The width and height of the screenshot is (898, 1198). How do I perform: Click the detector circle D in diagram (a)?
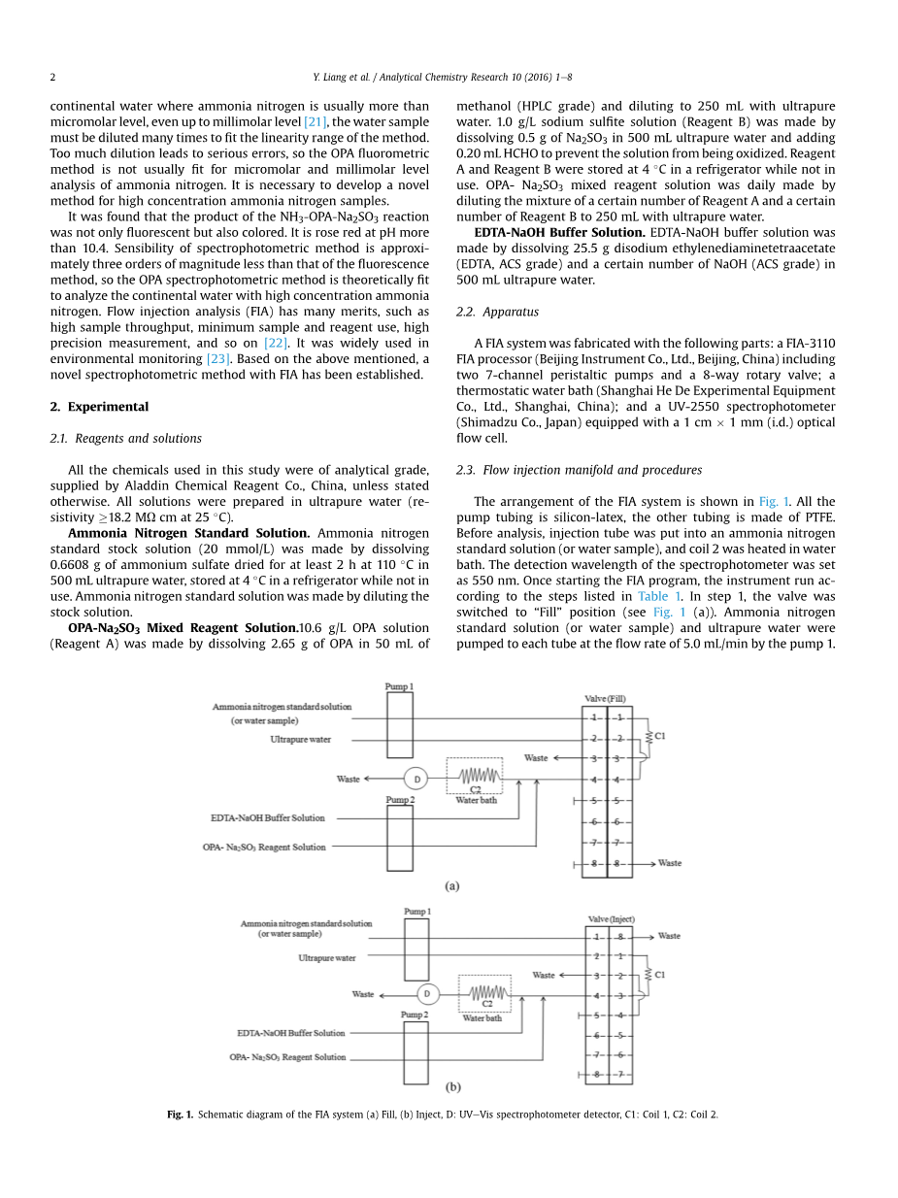click(x=416, y=779)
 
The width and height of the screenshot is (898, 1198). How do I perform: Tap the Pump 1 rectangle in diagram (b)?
click(x=416, y=949)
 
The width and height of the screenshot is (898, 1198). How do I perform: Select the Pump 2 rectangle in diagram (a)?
click(x=399, y=838)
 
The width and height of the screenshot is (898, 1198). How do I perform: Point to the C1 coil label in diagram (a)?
click(x=660, y=736)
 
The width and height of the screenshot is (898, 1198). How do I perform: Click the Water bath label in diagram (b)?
click(x=482, y=1017)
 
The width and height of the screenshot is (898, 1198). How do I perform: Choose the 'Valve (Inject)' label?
click(x=611, y=918)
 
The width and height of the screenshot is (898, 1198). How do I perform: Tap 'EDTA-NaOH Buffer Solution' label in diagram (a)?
click(x=268, y=818)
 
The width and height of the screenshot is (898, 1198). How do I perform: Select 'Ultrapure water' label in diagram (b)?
click(x=326, y=958)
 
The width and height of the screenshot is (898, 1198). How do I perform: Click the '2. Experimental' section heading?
click(x=99, y=407)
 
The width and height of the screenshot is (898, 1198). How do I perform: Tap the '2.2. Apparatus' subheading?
click(x=497, y=312)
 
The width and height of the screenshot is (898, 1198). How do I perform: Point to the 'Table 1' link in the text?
click(x=659, y=596)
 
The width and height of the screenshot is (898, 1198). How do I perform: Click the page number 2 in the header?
click(x=52, y=77)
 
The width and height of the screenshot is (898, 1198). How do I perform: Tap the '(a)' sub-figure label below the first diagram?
click(x=451, y=885)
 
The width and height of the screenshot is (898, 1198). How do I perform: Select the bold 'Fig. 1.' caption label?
click(x=181, y=1115)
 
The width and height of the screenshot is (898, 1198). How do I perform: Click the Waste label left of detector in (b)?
click(x=362, y=994)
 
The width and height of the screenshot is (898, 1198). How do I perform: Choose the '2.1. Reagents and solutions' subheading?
click(x=126, y=438)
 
